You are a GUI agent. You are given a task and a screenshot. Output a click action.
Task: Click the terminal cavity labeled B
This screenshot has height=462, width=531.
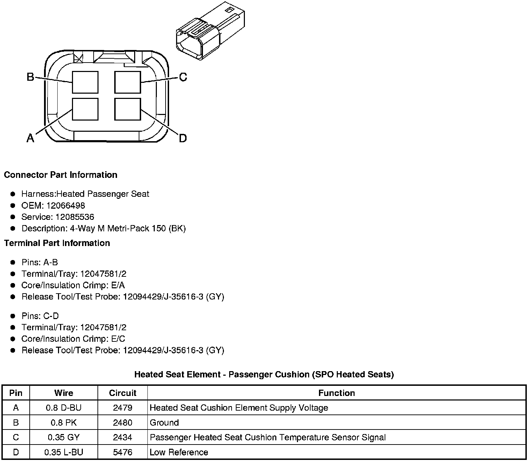tap(85, 82)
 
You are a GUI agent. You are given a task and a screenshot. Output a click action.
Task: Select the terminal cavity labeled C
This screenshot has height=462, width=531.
tap(128, 82)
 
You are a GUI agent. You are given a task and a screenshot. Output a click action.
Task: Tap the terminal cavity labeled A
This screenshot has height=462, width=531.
tap(85, 109)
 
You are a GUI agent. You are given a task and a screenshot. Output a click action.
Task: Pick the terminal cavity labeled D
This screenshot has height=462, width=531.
tap(128, 109)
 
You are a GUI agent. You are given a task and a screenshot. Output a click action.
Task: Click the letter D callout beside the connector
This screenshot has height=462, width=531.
tap(183, 138)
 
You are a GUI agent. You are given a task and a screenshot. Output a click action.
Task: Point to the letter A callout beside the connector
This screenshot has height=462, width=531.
tap(30, 138)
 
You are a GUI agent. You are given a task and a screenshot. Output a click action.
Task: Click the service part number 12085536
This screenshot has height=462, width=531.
tap(75, 217)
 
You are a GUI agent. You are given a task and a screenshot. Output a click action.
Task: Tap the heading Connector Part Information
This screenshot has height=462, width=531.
tap(60, 175)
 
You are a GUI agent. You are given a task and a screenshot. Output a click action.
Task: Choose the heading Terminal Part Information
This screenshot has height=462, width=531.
tap(57, 243)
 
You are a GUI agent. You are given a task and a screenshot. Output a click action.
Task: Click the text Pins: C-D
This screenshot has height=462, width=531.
tap(40, 316)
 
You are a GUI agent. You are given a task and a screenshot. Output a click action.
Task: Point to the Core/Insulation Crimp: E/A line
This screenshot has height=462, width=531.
tap(73, 285)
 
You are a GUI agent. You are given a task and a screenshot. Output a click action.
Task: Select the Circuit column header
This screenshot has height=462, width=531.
tap(123, 393)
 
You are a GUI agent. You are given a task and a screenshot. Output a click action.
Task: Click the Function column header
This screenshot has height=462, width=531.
tap(336, 393)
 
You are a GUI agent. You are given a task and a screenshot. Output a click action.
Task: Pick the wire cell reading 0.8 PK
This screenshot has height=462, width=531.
tap(64, 423)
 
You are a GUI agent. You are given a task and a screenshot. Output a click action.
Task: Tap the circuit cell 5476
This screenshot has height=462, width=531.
tap(123, 452)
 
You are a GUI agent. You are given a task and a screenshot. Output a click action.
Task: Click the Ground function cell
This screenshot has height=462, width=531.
tap(164, 423)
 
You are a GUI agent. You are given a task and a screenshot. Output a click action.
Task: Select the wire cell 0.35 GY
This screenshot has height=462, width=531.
tap(64, 437)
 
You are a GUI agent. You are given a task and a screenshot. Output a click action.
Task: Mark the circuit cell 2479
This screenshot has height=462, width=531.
tap(123, 408)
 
